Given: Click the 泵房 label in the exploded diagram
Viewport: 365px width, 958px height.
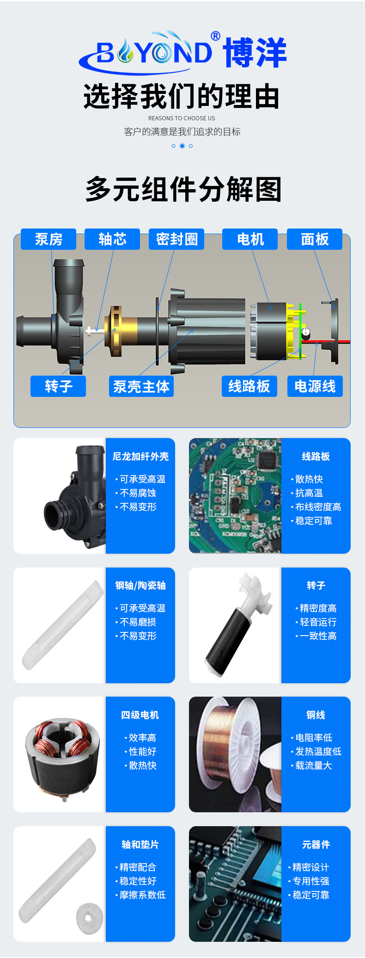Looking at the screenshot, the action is coord(49,239).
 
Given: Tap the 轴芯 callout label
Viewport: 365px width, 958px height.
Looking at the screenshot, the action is coord(112,239).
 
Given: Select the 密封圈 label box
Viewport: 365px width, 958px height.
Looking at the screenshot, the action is coord(176,239).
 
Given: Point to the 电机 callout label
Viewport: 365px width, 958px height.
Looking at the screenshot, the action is coord(250,239).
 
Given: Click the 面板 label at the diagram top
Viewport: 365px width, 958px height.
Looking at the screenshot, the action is coord(315,239).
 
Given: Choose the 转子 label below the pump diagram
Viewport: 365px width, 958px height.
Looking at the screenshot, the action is coord(58,386).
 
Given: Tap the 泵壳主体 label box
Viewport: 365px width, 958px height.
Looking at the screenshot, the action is coord(141,386).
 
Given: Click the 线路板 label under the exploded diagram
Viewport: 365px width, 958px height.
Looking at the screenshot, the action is coord(249,386).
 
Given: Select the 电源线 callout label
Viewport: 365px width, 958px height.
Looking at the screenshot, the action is coord(315,386).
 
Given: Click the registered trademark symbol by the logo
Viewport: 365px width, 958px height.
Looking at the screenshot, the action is coord(215,36).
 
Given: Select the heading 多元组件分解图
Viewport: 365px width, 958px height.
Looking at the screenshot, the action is coord(183,189).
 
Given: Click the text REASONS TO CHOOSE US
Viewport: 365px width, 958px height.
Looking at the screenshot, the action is coord(182,118).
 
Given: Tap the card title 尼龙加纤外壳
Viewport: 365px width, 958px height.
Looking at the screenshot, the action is coord(140,457).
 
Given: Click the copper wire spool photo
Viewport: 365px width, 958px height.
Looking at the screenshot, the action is coord(235,754).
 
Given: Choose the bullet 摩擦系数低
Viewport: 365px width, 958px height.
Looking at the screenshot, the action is coord(140,895).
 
